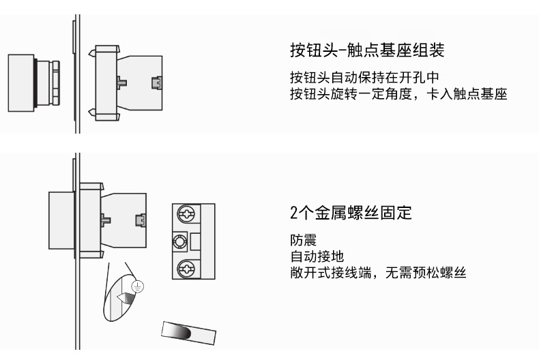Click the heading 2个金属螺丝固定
coord(351,213)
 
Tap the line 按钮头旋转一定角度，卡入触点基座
coord(398,93)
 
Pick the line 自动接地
coord(316,257)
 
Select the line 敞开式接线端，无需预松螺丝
coord(377,273)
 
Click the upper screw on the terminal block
coord(184,215)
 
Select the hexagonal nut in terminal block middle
coord(181,241)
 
